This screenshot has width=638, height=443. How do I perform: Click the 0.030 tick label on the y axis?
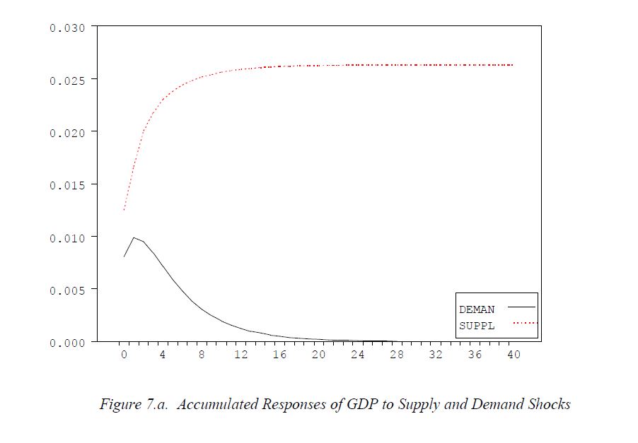coord(67,28)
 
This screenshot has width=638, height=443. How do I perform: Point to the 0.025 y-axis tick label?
coord(67,80)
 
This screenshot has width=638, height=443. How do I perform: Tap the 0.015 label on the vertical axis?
coord(67,184)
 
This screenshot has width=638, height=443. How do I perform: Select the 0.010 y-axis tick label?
coord(67,237)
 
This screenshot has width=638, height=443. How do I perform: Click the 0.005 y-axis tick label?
coord(67,290)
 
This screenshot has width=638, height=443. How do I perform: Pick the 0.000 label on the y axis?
coord(67,342)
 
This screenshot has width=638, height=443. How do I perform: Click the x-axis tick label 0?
coord(124,355)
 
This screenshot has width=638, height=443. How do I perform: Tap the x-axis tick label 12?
coord(241,355)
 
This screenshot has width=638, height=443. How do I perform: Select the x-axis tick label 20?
coord(319,355)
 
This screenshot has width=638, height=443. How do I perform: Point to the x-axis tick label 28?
coord(397,355)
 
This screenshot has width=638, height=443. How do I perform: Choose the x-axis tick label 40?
coord(514,355)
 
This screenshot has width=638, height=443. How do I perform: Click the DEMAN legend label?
coord(477,309)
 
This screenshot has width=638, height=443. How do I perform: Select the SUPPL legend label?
coord(477,326)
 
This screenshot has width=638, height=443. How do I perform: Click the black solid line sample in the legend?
coord(522,307)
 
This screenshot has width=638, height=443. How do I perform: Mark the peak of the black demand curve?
coord(134,238)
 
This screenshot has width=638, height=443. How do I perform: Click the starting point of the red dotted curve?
coord(124,211)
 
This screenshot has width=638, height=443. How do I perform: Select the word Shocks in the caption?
coord(550,405)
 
